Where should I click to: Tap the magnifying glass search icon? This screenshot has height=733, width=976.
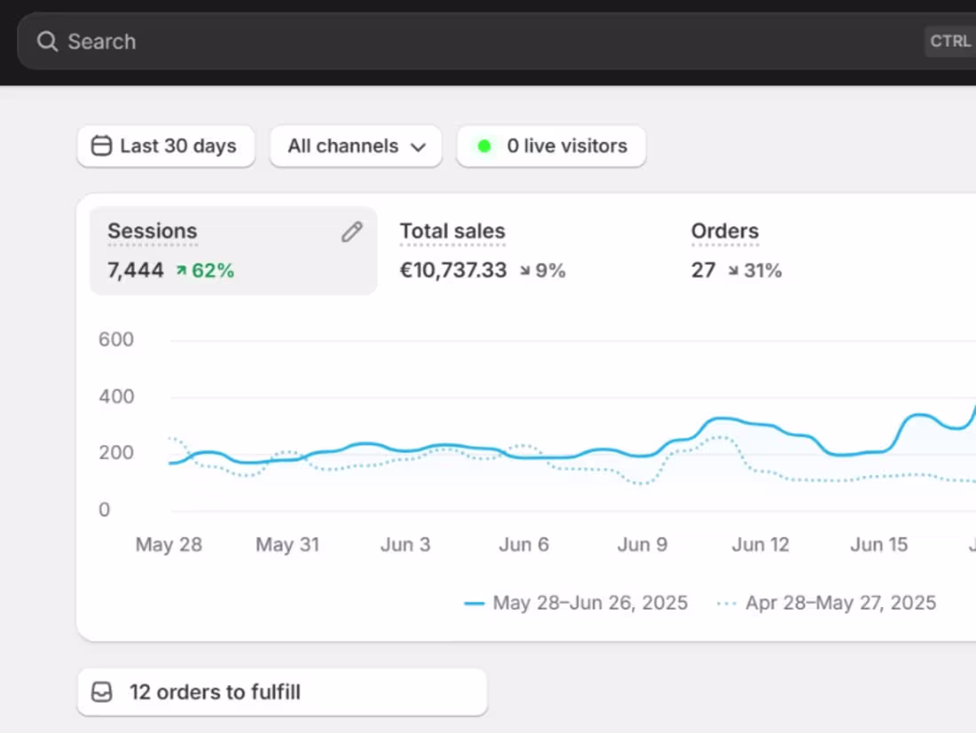(47, 42)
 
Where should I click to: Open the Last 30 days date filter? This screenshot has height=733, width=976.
(166, 146)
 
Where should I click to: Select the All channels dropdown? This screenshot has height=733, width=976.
(356, 146)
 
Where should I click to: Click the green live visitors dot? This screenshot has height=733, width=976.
(484, 146)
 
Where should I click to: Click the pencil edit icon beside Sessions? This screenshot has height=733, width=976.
(352, 233)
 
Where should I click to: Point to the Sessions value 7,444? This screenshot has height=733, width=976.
(136, 271)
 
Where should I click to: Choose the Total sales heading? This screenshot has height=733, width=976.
(453, 232)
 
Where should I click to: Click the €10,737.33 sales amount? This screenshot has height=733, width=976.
(453, 271)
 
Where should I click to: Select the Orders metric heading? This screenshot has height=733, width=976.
(725, 232)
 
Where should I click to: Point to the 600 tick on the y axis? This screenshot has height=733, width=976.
(117, 340)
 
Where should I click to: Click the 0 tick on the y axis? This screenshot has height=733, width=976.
(105, 509)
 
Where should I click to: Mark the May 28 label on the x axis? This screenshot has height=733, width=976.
(169, 545)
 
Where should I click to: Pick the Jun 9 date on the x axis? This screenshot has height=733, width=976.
(642, 545)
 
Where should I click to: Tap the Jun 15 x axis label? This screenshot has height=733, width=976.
(879, 545)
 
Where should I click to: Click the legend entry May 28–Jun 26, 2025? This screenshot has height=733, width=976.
(590, 603)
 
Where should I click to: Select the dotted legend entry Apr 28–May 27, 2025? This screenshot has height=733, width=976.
(840, 603)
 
